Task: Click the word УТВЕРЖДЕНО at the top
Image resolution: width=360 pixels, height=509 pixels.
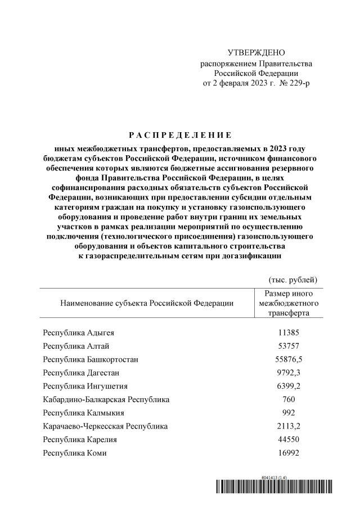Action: [x=256, y=52]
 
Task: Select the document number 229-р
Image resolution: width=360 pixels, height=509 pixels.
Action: [x=298, y=83]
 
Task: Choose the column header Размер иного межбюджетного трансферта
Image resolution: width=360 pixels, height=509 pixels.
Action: [x=289, y=303]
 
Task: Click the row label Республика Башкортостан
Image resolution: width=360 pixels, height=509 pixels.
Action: [x=91, y=359]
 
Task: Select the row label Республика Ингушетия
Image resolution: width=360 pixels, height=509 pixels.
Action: [x=85, y=386]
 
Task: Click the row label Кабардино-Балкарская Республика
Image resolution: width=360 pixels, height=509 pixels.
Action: [x=106, y=400]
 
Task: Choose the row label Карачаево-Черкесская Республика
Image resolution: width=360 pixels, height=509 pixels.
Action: [x=105, y=426]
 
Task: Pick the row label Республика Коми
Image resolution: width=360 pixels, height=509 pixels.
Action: [x=75, y=453]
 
